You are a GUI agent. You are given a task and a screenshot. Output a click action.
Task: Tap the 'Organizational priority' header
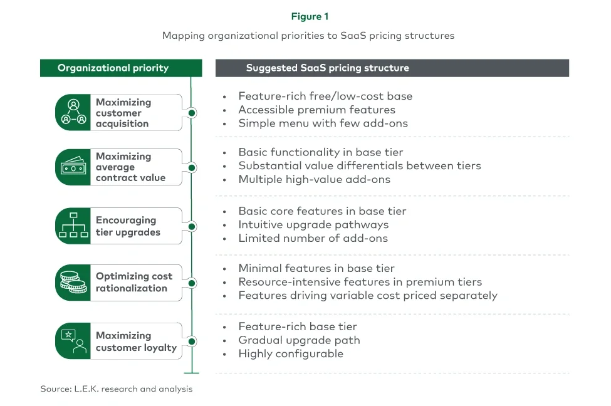[x=113, y=68]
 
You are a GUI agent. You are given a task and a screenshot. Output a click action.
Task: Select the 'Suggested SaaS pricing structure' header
[x=327, y=68]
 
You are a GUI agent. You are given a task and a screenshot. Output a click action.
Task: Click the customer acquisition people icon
[x=73, y=113]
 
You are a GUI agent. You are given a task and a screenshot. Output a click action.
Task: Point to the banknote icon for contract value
[x=73, y=167]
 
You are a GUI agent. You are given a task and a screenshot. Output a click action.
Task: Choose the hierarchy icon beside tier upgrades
[x=73, y=226]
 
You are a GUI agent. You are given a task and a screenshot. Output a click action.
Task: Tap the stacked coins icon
[x=73, y=282]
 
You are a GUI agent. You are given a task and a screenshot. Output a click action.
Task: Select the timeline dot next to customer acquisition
[x=192, y=113]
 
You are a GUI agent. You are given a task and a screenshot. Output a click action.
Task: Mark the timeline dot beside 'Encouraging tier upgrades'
[x=192, y=226]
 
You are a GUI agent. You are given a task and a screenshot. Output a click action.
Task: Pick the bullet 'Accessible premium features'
[x=316, y=110]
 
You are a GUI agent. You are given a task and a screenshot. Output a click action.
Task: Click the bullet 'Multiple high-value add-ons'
[x=314, y=179]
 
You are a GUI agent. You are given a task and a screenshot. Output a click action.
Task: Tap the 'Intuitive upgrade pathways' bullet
[x=313, y=224]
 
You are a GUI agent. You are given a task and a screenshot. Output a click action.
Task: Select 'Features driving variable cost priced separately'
[x=367, y=295]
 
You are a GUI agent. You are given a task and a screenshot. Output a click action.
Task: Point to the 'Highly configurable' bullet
[x=291, y=353]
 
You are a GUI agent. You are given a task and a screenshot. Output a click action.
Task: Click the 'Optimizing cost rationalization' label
[x=133, y=282]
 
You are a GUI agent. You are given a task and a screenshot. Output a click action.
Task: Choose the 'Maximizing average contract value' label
[x=130, y=167]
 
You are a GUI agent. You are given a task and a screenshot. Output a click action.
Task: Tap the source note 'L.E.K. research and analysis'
[x=117, y=389]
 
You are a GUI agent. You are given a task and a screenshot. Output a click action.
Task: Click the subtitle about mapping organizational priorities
[x=308, y=36]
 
